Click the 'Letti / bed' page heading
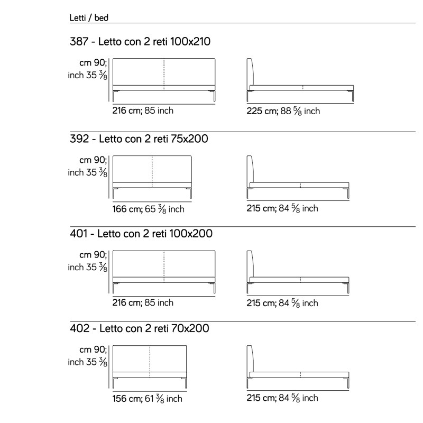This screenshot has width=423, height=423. [89, 18]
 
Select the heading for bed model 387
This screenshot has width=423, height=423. [140, 42]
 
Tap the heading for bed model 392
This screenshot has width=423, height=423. [139, 139]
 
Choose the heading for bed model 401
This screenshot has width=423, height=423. [141, 233]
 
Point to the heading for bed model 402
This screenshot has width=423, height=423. [139, 328]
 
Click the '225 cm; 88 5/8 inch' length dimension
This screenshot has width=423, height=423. [283, 111]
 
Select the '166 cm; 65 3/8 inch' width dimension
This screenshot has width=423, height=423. [149, 209]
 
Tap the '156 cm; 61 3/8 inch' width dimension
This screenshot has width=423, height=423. [148, 399]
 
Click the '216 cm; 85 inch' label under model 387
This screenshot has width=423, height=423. [143, 111]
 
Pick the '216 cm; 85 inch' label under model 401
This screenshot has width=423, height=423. [143, 302]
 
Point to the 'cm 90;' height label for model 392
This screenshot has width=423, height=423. [93, 160]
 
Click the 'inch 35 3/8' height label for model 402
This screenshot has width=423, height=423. [87, 362]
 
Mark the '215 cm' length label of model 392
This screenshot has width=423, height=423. [261, 208]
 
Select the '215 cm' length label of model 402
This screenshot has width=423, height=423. [261, 398]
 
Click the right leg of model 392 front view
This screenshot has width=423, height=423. [190, 193]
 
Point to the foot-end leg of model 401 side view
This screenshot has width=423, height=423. [347, 288]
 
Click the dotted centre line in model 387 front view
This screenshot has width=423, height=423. [164, 74]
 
